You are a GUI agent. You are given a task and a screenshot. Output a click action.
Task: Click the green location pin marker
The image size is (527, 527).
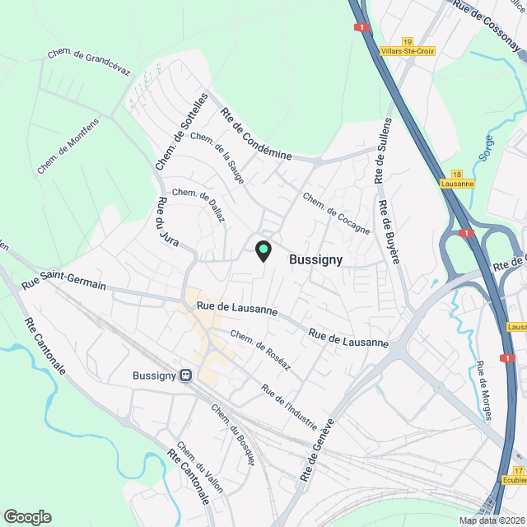click(x=263, y=250)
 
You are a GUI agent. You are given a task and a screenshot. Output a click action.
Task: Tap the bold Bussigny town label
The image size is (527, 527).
click(x=316, y=259)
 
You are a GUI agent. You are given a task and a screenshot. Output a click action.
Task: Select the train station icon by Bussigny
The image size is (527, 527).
click(x=186, y=375)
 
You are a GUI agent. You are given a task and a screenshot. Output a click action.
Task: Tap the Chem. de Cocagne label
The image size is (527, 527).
click(x=336, y=213)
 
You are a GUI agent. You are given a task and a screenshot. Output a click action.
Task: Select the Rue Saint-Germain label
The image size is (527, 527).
click(x=63, y=284)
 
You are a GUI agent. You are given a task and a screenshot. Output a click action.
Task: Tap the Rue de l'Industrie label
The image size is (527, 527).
click(x=288, y=406)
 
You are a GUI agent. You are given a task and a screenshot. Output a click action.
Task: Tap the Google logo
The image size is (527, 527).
click(x=27, y=516)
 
